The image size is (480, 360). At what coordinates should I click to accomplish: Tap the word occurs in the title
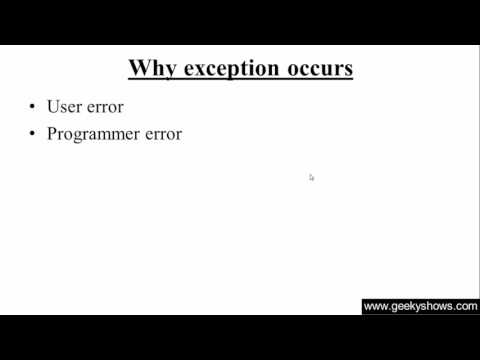pyautogui.click(x=320, y=69)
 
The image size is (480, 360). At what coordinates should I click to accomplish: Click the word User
pyautogui.click(x=65, y=107)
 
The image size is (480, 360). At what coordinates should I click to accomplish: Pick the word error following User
pyautogui.click(x=105, y=107)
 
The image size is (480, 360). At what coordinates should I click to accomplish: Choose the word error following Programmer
pyautogui.click(x=162, y=134)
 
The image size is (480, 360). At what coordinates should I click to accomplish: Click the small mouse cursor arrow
pyautogui.click(x=311, y=177)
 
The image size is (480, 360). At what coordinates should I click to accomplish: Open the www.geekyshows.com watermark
pyautogui.click(x=420, y=307)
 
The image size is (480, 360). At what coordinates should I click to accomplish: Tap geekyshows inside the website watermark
pyautogui.click(x=424, y=307)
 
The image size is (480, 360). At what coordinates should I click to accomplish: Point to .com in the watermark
pyautogui.click(x=466, y=307)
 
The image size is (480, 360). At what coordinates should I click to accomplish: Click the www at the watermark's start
pyautogui.click(x=375, y=307)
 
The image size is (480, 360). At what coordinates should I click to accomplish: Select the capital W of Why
pyautogui.click(x=139, y=69)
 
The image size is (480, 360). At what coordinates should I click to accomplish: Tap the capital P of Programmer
pyautogui.click(x=52, y=134)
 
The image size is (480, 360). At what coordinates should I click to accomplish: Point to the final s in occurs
pyautogui.click(x=348, y=70)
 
